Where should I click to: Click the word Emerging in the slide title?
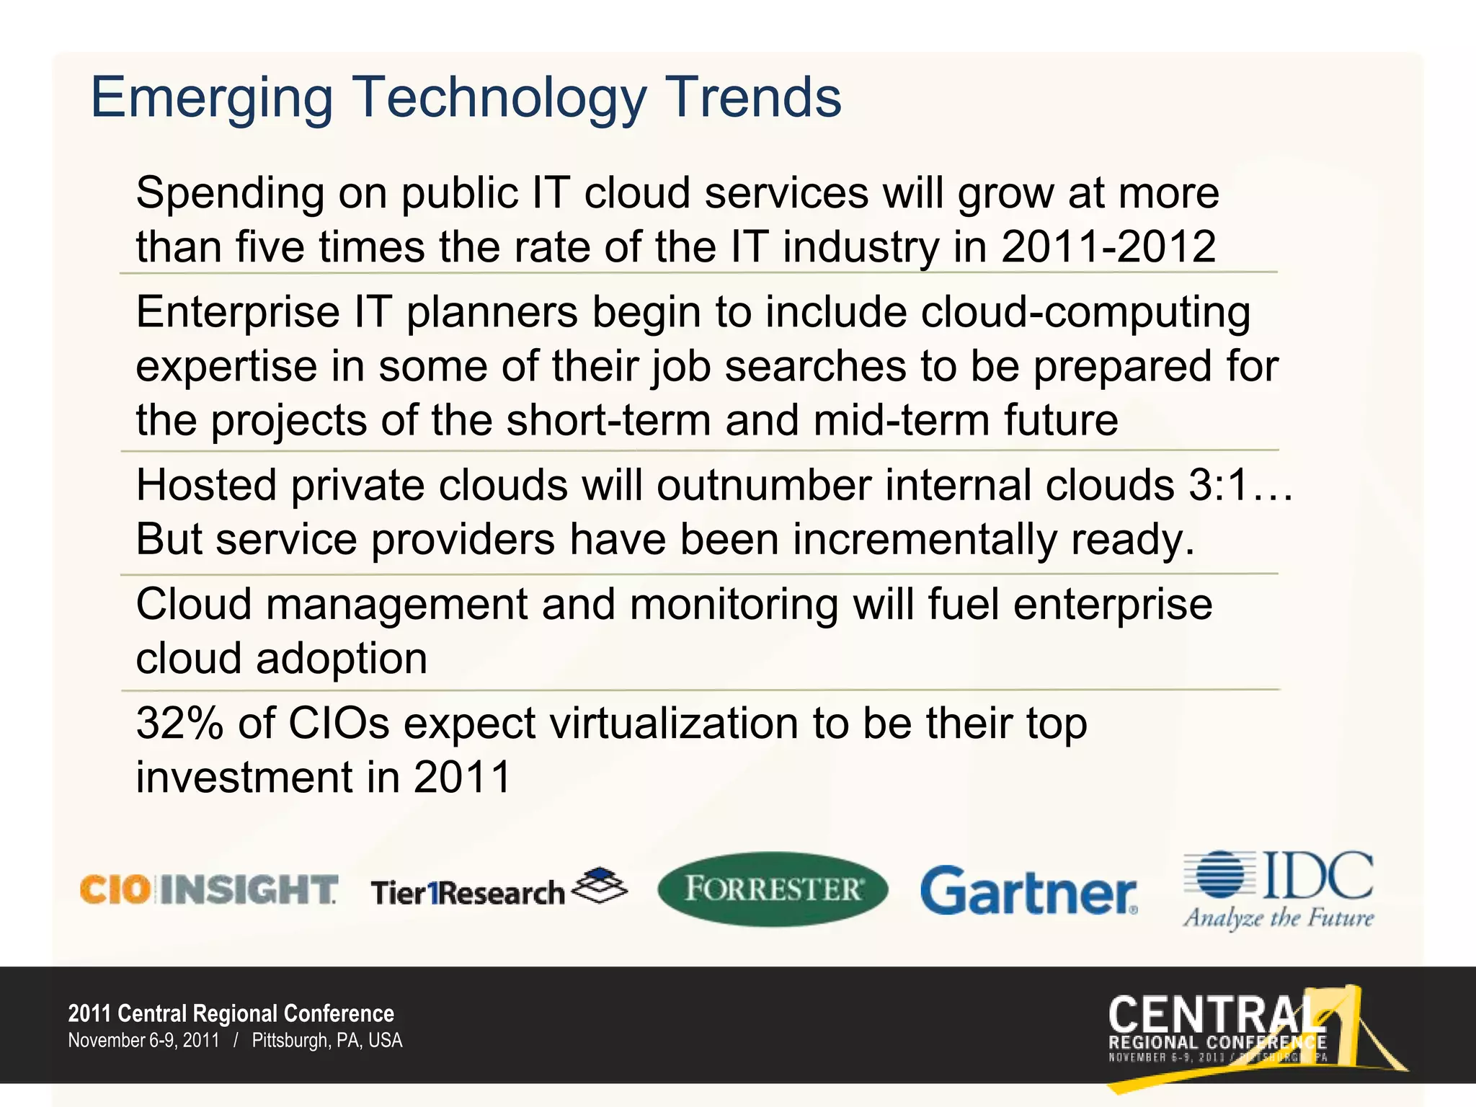point(211,99)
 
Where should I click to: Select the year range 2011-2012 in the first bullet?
point(1108,247)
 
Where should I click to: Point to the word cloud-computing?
point(1085,314)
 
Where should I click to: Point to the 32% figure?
point(180,724)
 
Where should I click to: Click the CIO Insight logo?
point(208,890)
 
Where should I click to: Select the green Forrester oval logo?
point(773,889)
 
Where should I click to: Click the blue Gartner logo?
point(1028,892)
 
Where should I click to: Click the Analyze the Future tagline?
point(1278,919)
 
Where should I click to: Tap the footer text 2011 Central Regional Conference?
point(231,1014)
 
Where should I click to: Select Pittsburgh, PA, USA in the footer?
point(327,1041)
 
